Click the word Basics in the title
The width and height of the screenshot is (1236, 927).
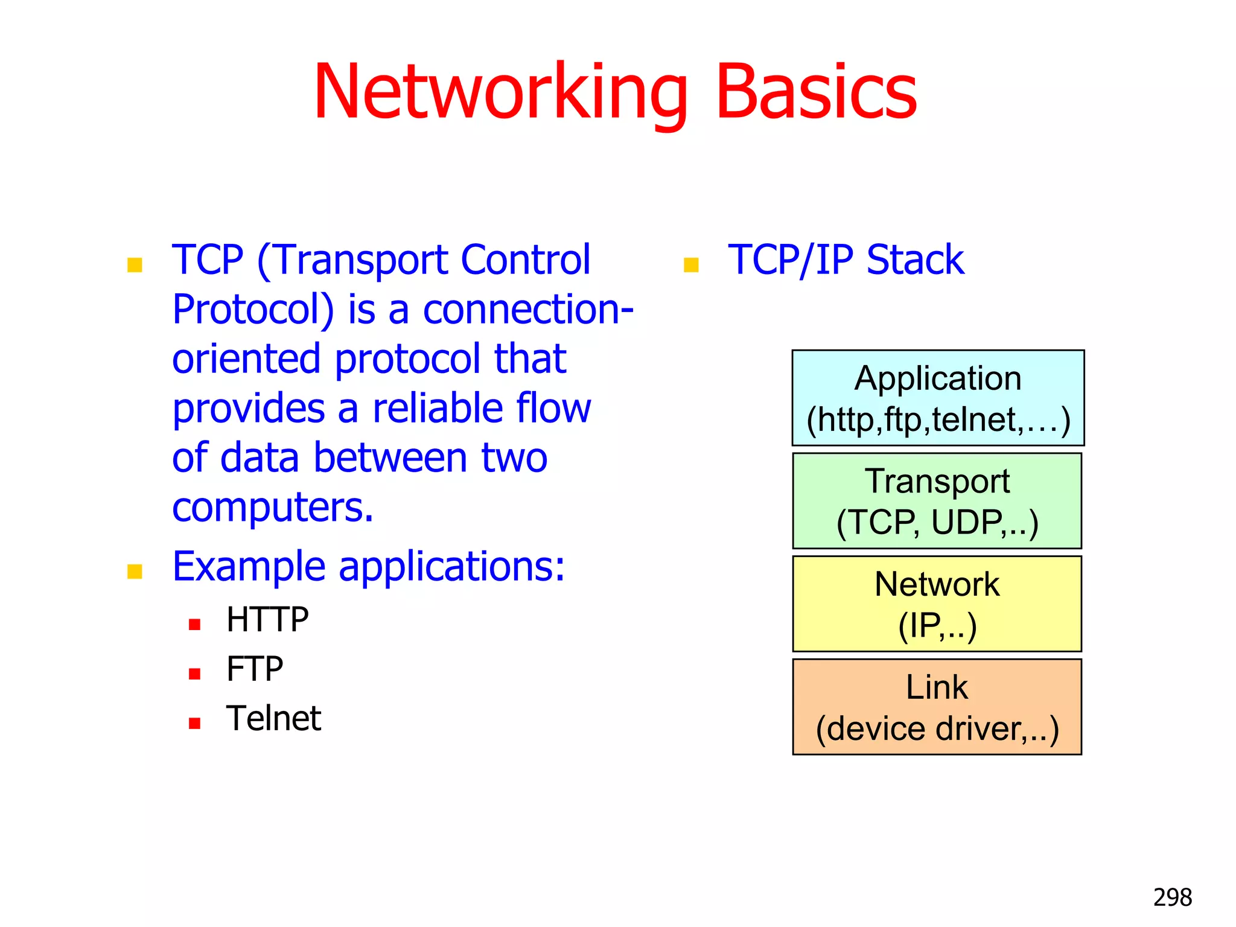tap(816, 94)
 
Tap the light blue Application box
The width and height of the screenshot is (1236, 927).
tap(937, 398)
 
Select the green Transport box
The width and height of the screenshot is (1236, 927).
tap(937, 501)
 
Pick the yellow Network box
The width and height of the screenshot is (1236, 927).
tap(937, 604)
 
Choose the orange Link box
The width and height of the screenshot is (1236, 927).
tap(937, 707)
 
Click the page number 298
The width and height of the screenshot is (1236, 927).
tap(1172, 897)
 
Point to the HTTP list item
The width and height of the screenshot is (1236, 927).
tap(267, 620)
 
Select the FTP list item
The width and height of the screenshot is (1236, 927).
tap(255, 669)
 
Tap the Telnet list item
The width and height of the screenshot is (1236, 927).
tap(273, 719)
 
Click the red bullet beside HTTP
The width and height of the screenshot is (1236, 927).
tap(194, 625)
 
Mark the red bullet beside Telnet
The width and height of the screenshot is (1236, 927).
tap(194, 724)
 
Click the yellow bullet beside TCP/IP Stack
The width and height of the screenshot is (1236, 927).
tap(691, 265)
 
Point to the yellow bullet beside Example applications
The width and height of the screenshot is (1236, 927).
tap(135, 572)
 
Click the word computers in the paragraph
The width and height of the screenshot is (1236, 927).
tap(273, 508)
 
